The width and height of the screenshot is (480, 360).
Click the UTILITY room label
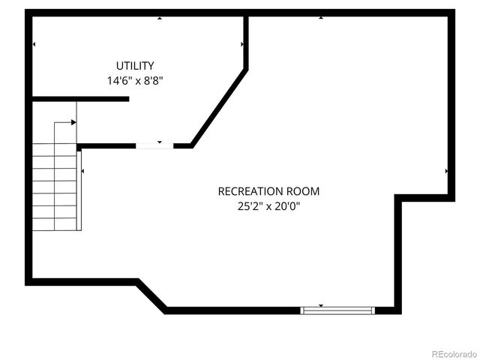[135, 66]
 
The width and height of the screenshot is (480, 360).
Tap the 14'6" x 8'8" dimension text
[135, 79]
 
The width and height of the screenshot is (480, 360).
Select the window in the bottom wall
[337, 310]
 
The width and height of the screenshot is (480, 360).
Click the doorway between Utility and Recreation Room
[154, 145]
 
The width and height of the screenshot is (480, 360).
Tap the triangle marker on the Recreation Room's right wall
[447, 171]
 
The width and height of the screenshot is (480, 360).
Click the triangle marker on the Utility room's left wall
[34, 45]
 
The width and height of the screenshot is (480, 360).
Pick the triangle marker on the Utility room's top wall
[159, 18]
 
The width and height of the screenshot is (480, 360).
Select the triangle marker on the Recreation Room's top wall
[321, 18]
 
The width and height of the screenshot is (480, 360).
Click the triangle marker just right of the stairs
[82, 172]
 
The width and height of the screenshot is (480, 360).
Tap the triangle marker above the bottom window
[321, 305]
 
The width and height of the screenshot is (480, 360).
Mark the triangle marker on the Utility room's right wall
[241, 45]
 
